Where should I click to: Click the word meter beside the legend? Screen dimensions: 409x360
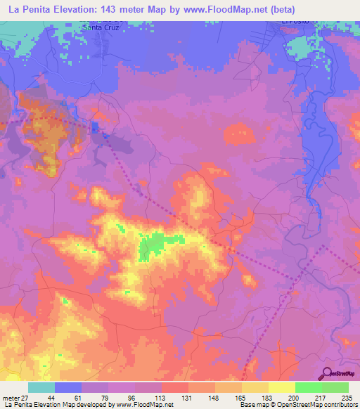[10, 398]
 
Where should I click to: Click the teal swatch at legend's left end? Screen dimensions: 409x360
[41, 387]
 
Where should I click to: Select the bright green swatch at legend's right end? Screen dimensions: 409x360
[335, 387]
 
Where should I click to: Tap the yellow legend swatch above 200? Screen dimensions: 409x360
[282, 387]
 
